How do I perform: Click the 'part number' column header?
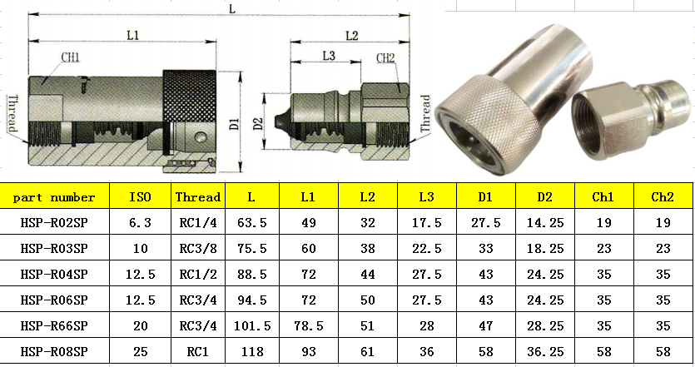(54, 197)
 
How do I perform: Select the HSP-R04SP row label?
(54, 275)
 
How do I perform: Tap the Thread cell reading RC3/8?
(198, 249)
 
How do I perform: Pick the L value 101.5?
(252, 326)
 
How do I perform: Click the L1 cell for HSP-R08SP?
(309, 352)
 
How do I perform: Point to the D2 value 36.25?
(545, 352)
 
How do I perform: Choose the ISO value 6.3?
(140, 223)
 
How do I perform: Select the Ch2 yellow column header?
(663, 197)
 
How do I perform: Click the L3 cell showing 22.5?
(427, 249)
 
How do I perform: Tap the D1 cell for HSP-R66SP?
(486, 326)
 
